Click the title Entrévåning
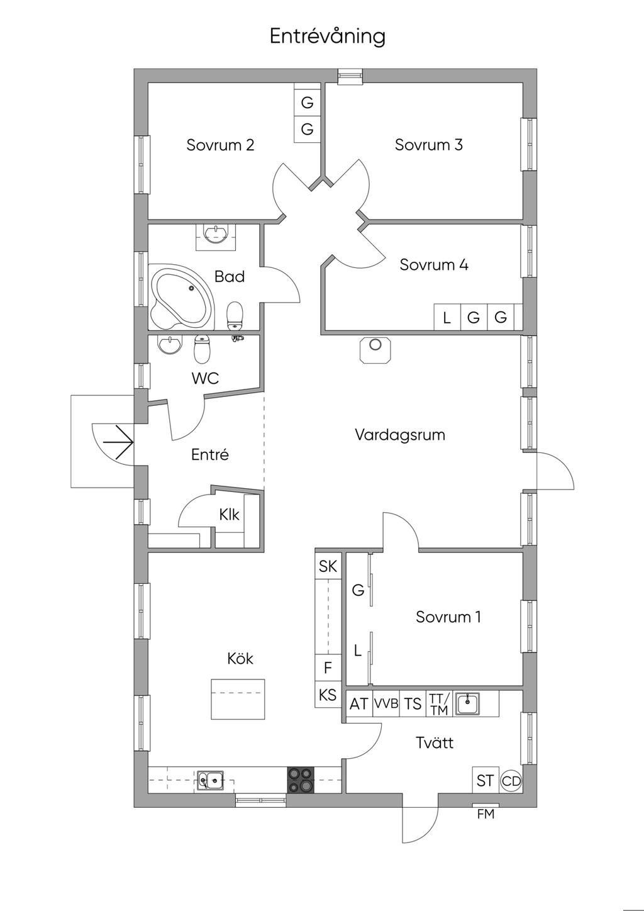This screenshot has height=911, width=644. coord(327,36)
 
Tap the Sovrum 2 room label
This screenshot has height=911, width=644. coord(220,145)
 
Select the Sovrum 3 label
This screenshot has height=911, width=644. coord(428,145)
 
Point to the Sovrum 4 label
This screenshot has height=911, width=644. coord(434,265)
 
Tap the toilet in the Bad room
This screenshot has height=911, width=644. coord(235,315)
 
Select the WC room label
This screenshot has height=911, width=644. coord(205,378)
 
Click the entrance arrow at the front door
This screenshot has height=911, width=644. coord(118,442)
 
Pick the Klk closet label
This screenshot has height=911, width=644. coord(230,515)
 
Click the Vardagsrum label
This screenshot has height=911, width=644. coord(400,435)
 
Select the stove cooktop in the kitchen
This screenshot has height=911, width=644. coord(301,780)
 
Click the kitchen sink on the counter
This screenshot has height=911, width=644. coord(210,780)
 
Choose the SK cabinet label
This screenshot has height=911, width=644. coord(328,566)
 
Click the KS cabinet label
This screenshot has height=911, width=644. coord(328,695)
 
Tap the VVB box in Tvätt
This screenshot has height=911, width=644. coord(386,703)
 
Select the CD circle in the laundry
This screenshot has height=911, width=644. coord(511,781)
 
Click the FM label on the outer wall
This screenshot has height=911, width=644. coord(486,814)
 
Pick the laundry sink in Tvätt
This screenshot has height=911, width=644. coord(467,704)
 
